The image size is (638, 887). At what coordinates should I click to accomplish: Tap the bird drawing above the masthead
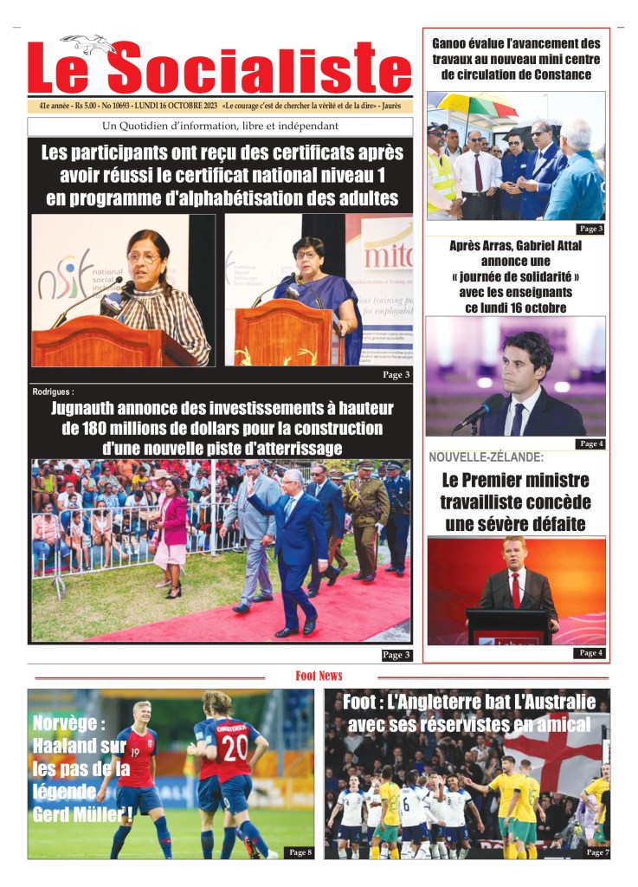[89, 43]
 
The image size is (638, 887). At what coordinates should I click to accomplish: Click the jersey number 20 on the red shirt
[235, 748]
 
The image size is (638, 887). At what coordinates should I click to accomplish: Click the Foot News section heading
[319, 676]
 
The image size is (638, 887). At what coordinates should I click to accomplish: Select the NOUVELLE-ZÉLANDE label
[486, 457]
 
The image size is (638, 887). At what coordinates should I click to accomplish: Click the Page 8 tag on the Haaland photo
[299, 852]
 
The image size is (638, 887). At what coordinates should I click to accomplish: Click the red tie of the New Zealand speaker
[516, 590]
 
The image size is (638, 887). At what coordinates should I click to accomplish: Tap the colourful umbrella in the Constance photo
[473, 108]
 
